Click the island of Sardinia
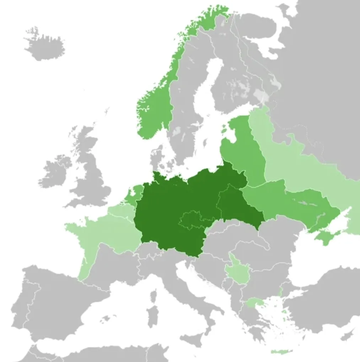pyautogui.click(x=154, y=316)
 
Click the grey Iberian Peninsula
pyautogui.click(x=53, y=302)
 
